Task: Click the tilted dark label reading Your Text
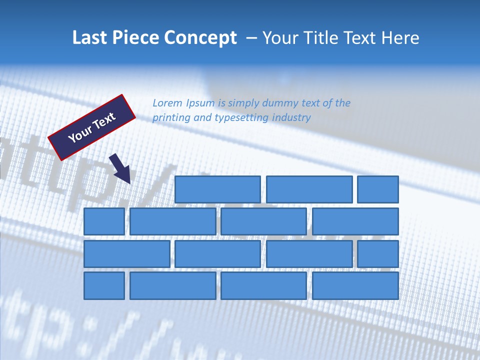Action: (x=92, y=127)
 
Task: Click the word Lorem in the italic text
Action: (x=167, y=103)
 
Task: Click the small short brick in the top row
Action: (x=378, y=189)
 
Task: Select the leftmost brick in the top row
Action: (x=217, y=189)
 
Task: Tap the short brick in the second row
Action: (x=104, y=221)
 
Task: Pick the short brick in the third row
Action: (x=378, y=254)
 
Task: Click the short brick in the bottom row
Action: (x=104, y=286)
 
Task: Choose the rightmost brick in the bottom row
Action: (x=355, y=286)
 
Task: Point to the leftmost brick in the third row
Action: (x=126, y=254)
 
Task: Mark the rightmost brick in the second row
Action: (x=355, y=221)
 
